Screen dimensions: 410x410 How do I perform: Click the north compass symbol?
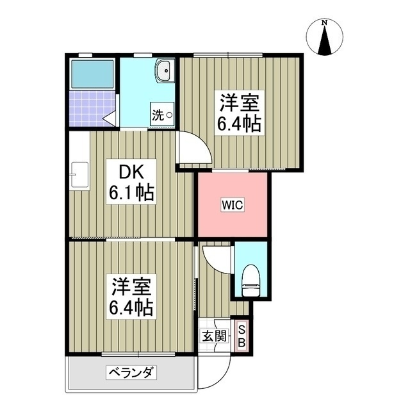(325, 38)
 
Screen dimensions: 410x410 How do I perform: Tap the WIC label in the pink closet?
(232, 205)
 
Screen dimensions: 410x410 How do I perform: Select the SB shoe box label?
(242, 336)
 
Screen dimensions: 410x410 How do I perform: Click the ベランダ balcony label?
(132, 372)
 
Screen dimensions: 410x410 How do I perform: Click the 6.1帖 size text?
(132, 192)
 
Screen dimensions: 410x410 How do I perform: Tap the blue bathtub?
(92, 75)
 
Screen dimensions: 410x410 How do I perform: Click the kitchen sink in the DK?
(79, 174)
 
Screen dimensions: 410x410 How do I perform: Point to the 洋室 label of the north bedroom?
(240, 102)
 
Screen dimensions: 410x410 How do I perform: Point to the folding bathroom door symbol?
(110, 118)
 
